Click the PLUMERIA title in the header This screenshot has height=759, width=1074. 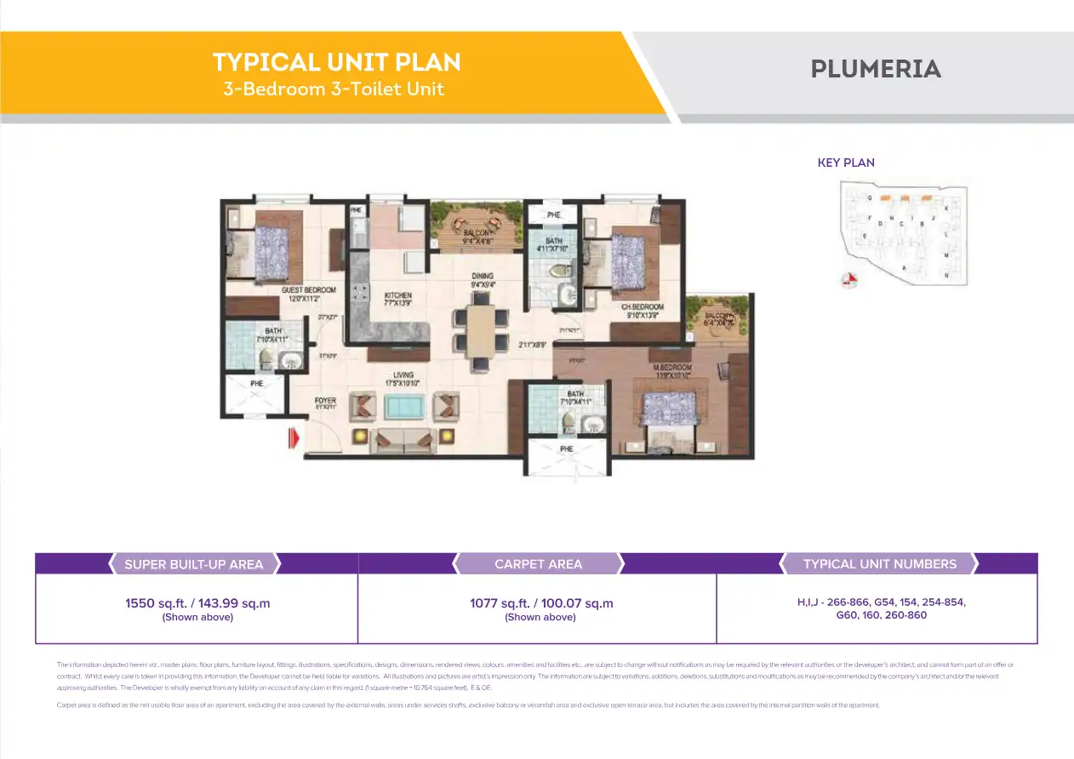[x=876, y=69]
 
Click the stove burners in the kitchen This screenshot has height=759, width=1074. [x=359, y=294]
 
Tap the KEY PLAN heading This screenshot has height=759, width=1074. [x=846, y=163]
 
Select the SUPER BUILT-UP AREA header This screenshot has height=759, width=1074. [x=194, y=564]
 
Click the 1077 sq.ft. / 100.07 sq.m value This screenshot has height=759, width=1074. [x=540, y=603]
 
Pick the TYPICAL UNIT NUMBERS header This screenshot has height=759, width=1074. [x=879, y=564]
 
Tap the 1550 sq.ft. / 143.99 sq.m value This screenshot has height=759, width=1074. [x=197, y=603]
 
